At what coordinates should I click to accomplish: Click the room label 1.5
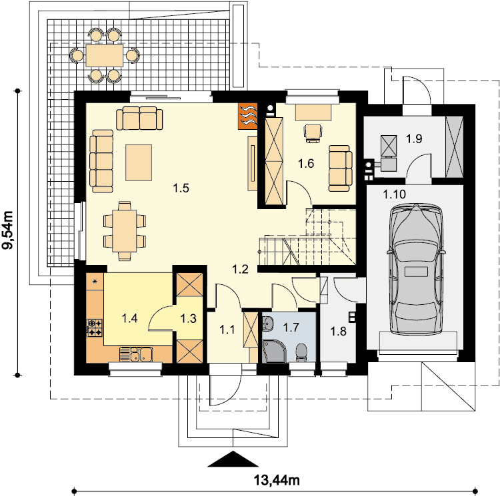pyautogui.click(x=181, y=188)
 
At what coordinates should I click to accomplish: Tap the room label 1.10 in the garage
pyautogui.click(x=394, y=194)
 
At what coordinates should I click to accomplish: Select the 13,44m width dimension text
pyautogui.click(x=277, y=480)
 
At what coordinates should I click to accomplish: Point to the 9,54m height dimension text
pyautogui.click(x=8, y=230)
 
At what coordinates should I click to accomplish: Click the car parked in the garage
pyautogui.click(x=415, y=270)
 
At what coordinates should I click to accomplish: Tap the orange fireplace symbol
pyautogui.click(x=248, y=116)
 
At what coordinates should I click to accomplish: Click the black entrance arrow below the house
pyautogui.click(x=233, y=459)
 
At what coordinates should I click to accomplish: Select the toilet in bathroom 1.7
pyautogui.click(x=301, y=352)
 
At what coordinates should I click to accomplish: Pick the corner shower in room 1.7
pyautogui.click(x=273, y=351)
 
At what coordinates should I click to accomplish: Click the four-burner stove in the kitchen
pyautogui.click(x=95, y=328)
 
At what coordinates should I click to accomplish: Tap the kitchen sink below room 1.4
pyautogui.click(x=136, y=354)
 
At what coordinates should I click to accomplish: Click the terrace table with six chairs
pyautogui.click(x=104, y=55)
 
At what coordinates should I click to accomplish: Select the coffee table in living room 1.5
pyautogui.click(x=139, y=162)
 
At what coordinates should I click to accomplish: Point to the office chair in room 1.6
pyautogui.click(x=313, y=133)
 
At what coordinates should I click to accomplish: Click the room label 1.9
pyautogui.click(x=414, y=138)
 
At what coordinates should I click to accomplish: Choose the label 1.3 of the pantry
pyautogui.click(x=188, y=318)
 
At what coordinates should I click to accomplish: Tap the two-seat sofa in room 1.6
pyautogui.click(x=341, y=168)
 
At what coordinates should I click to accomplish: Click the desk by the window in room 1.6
pyautogui.click(x=313, y=113)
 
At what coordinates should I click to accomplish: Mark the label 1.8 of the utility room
pyautogui.click(x=338, y=332)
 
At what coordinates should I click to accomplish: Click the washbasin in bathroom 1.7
pyautogui.click(x=268, y=324)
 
